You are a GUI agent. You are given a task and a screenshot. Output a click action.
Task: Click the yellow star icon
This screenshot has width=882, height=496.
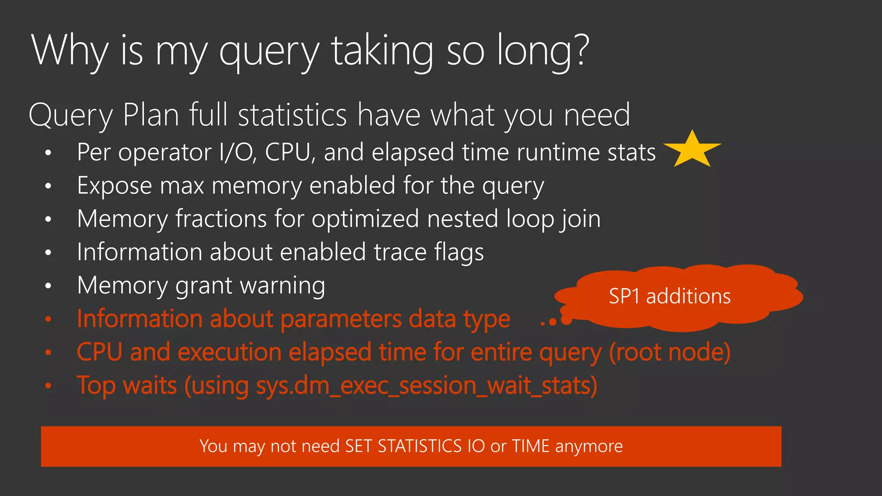692,150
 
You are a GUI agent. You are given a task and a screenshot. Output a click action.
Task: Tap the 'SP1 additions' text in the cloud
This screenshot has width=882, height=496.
670,296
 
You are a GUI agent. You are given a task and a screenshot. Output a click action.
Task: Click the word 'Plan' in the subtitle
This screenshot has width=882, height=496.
151,115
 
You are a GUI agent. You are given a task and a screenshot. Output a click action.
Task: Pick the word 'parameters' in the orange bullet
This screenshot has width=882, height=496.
341,319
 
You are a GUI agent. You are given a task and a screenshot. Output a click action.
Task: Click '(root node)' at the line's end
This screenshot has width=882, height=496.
669,352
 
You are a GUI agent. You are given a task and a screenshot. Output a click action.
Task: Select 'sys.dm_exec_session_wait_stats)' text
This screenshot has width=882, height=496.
426,386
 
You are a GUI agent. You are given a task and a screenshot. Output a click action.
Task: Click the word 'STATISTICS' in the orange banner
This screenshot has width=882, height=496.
419,446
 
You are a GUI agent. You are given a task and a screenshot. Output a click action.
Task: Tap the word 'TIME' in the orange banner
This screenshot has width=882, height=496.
531,446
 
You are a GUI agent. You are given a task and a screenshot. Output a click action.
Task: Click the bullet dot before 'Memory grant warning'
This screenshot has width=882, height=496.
48,285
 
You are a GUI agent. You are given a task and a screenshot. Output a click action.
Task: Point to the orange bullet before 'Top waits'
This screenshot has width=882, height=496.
48,386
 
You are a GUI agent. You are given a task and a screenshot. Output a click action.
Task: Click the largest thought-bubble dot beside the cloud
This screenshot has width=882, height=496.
566,319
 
